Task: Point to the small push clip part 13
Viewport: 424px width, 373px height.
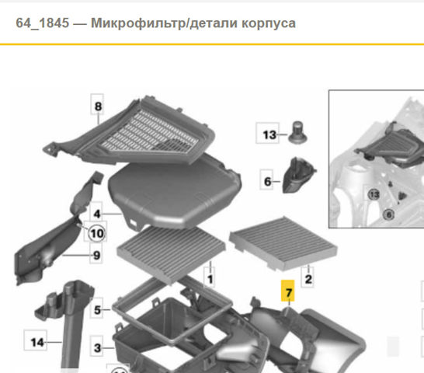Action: (x=297, y=132)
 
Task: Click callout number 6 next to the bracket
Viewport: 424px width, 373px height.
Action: (x=266, y=180)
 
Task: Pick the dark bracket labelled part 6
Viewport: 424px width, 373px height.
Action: (x=298, y=175)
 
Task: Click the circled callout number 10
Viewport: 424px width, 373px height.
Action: (x=97, y=233)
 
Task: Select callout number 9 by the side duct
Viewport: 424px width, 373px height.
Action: (x=96, y=254)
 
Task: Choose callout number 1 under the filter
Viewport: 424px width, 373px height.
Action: (x=210, y=278)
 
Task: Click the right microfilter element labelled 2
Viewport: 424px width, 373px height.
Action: (x=283, y=243)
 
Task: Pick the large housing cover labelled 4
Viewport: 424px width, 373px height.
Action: (x=175, y=191)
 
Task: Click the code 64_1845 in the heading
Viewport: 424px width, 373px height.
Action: (x=43, y=23)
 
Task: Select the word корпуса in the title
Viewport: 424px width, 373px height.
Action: (x=269, y=24)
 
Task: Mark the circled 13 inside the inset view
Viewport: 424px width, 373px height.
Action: (x=374, y=194)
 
